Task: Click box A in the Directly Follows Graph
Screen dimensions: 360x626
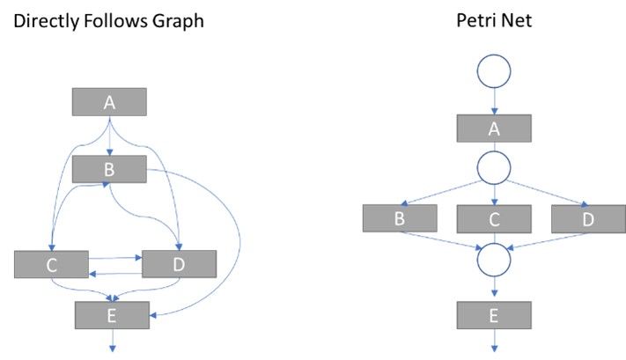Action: pos(108,102)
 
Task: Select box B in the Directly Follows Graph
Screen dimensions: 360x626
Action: pos(108,168)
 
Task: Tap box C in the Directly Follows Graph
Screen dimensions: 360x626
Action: pos(51,264)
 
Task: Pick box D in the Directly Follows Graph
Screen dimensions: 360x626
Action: pos(179,264)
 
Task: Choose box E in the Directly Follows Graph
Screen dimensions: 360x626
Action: pos(111,314)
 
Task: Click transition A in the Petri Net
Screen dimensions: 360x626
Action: pos(494,129)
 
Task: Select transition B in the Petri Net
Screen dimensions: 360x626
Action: pos(400,218)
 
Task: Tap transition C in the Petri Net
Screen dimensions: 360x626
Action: pos(494,218)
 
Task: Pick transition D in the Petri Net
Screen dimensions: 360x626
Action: pos(587,218)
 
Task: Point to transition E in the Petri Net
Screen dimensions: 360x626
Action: pos(494,314)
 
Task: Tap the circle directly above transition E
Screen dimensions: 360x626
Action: pos(494,260)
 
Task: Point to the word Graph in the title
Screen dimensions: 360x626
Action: pos(176,19)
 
